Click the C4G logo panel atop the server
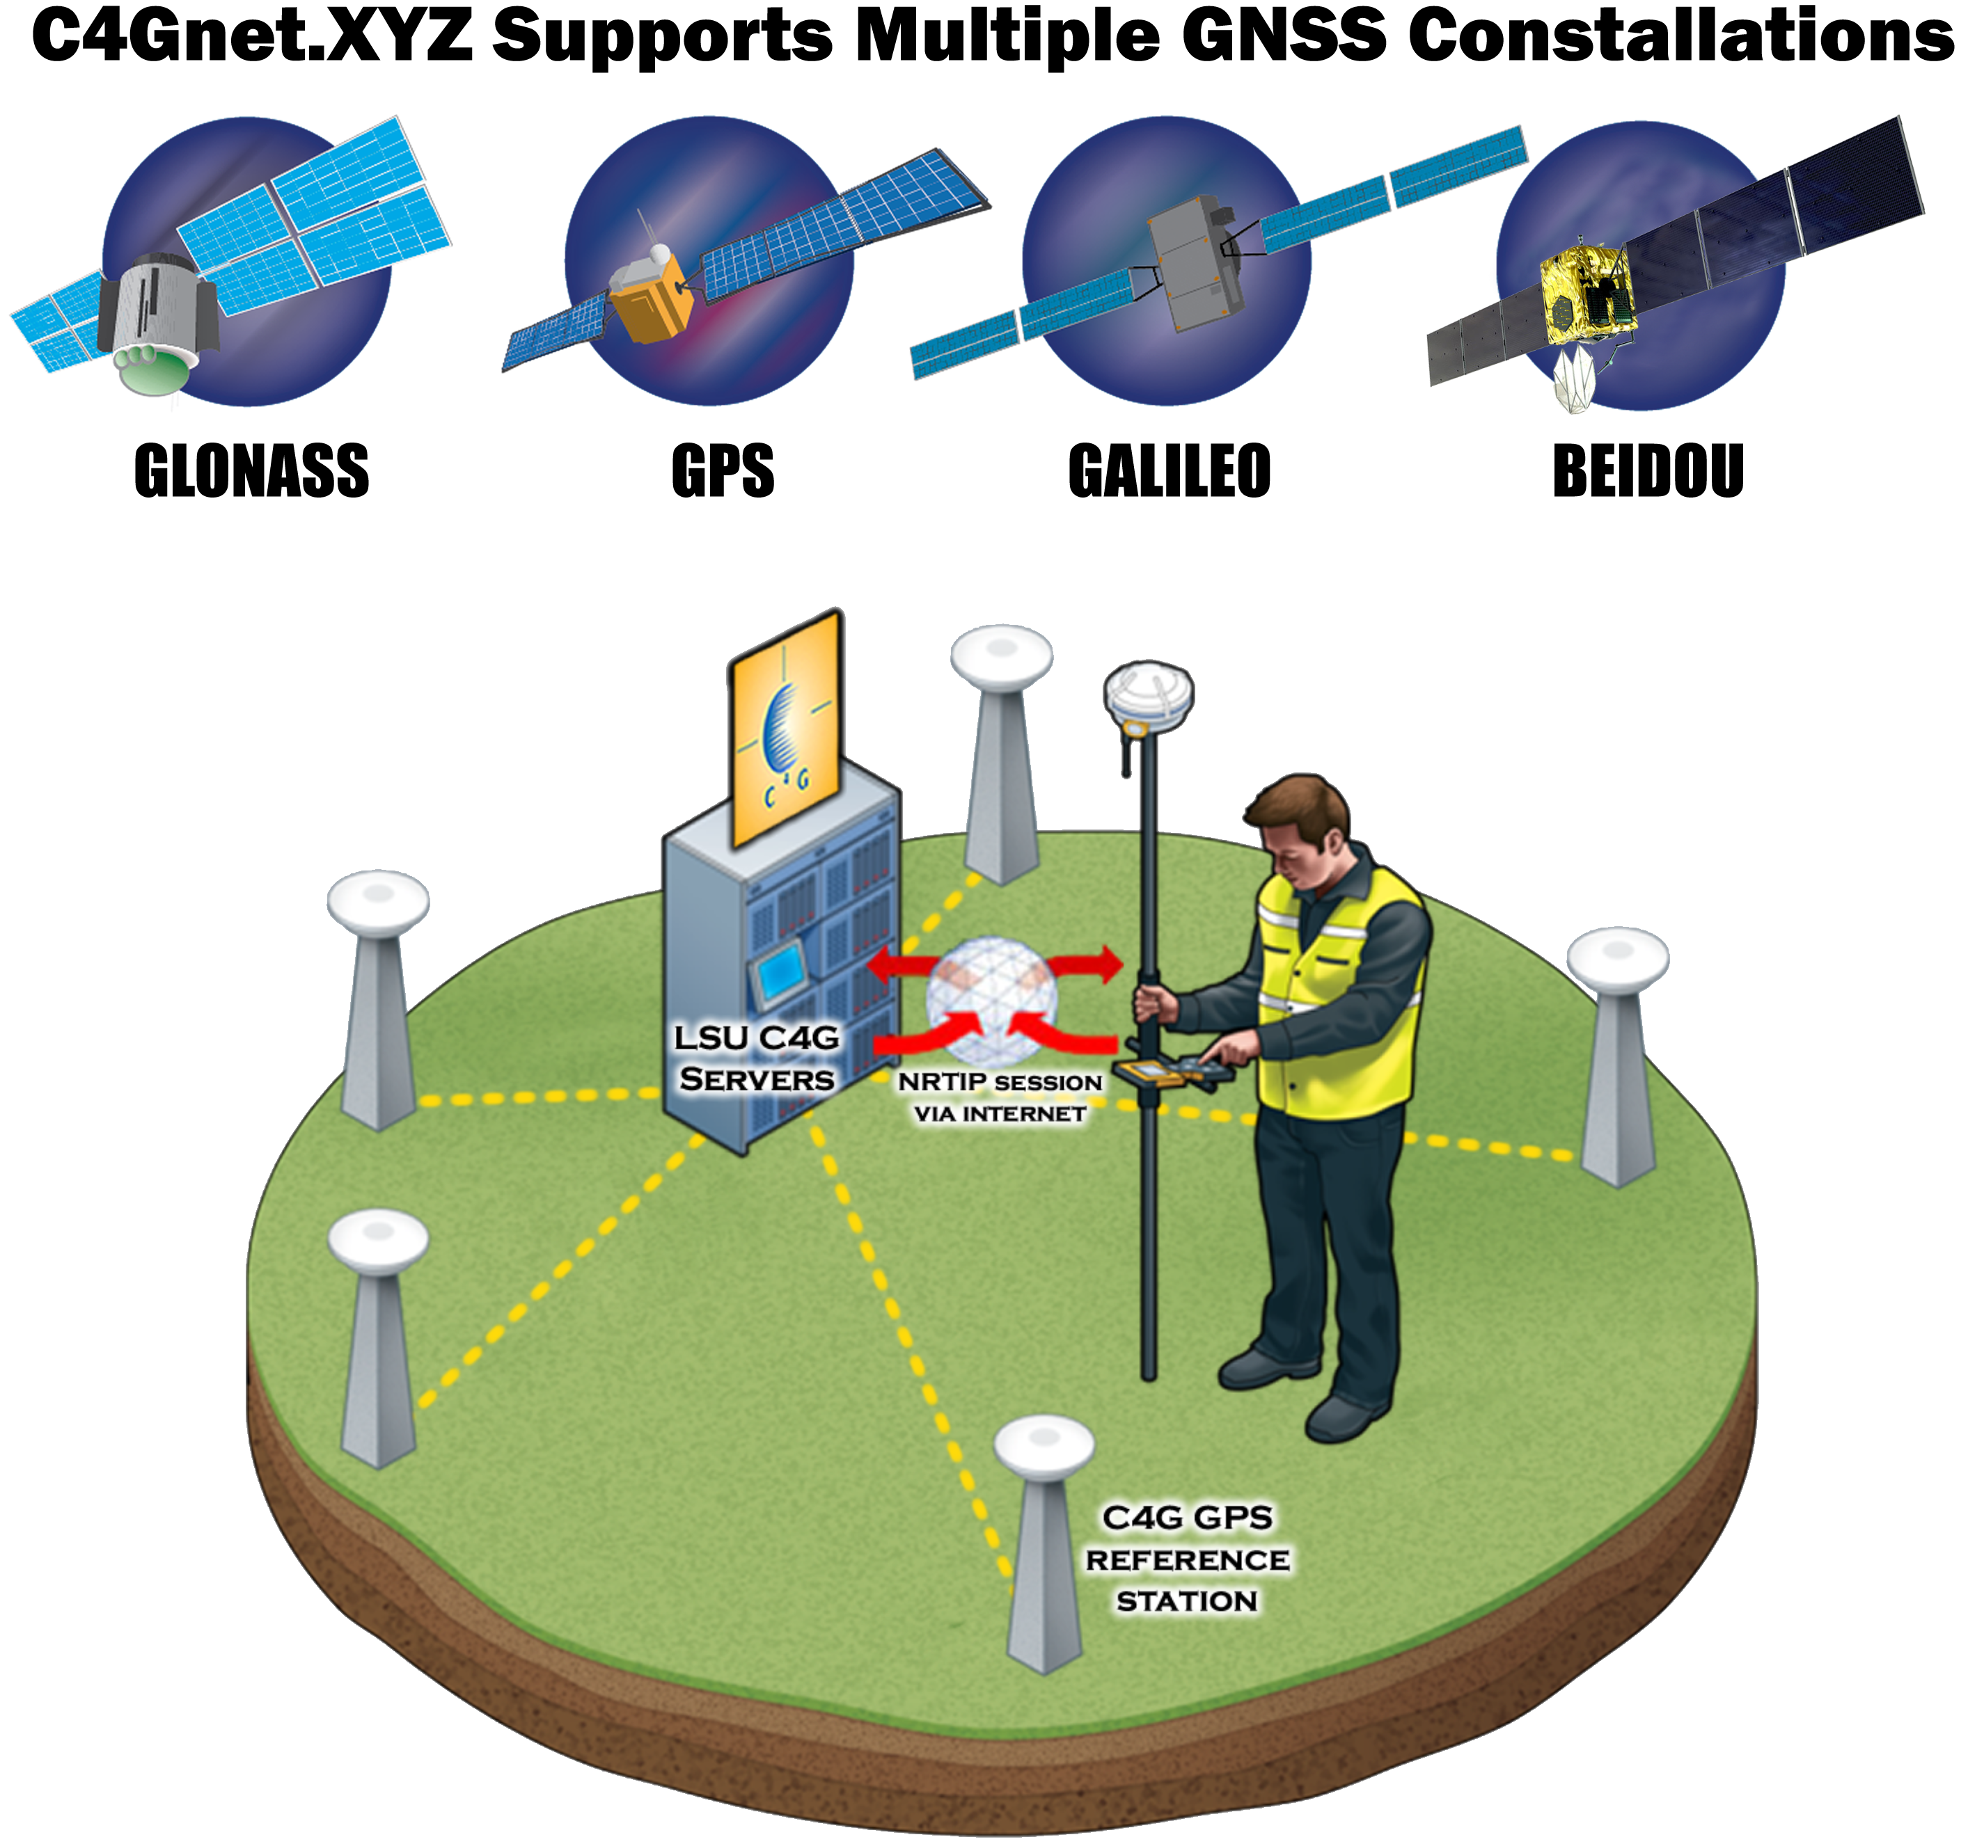(787, 729)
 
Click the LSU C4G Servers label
(757, 1058)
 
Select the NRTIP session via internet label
(1000, 1097)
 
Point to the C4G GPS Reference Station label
(1187, 1559)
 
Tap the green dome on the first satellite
(152, 369)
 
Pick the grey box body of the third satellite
(1195, 264)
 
